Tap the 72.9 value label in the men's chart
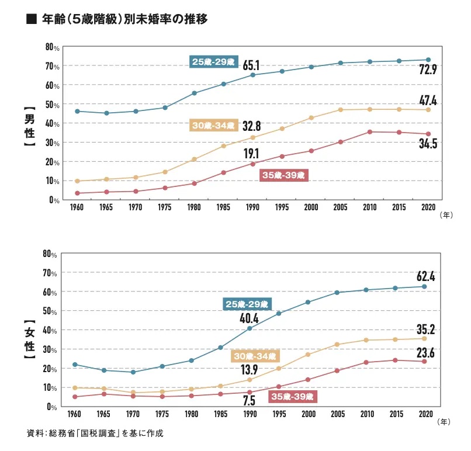(x=428, y=71)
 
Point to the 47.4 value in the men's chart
(x=428, y=100)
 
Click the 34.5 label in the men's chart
(x=428, y=143)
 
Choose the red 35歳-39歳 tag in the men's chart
(x=283, y=174)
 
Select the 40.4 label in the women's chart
(x=250, y=319)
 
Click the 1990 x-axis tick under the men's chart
(x=252, y=207)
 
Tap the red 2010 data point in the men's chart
(x=369, y=131)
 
